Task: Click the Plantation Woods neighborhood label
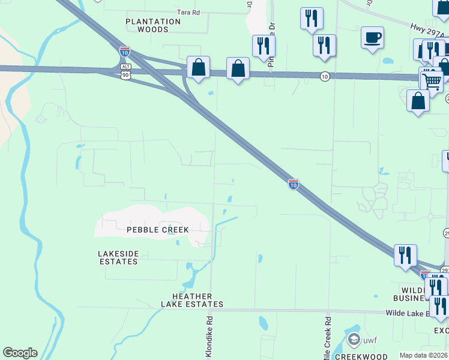pyautogui.click(x=153, y=25)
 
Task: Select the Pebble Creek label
pyautogui.click(x=158, y=230)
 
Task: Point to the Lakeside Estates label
pyautogui.click(x=118, y=257)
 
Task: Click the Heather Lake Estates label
pyautogui.click(x=192, y=300)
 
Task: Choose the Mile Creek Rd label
pyautogui.click(x=327, y=339)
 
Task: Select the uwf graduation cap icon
pyautogui.click(x=354, y=340)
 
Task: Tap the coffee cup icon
pyautogui.click(x=372, y=38)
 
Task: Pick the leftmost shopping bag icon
pyautogui.click(x=198, y=68)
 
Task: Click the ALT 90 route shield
pyautogui.click(x=125, y=70)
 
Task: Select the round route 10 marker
pyautogui.click(x=324, y=76)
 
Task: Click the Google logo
pyautogui.click(x=20, y=353)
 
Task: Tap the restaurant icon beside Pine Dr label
pyautogui.click(x=264, y=46)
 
